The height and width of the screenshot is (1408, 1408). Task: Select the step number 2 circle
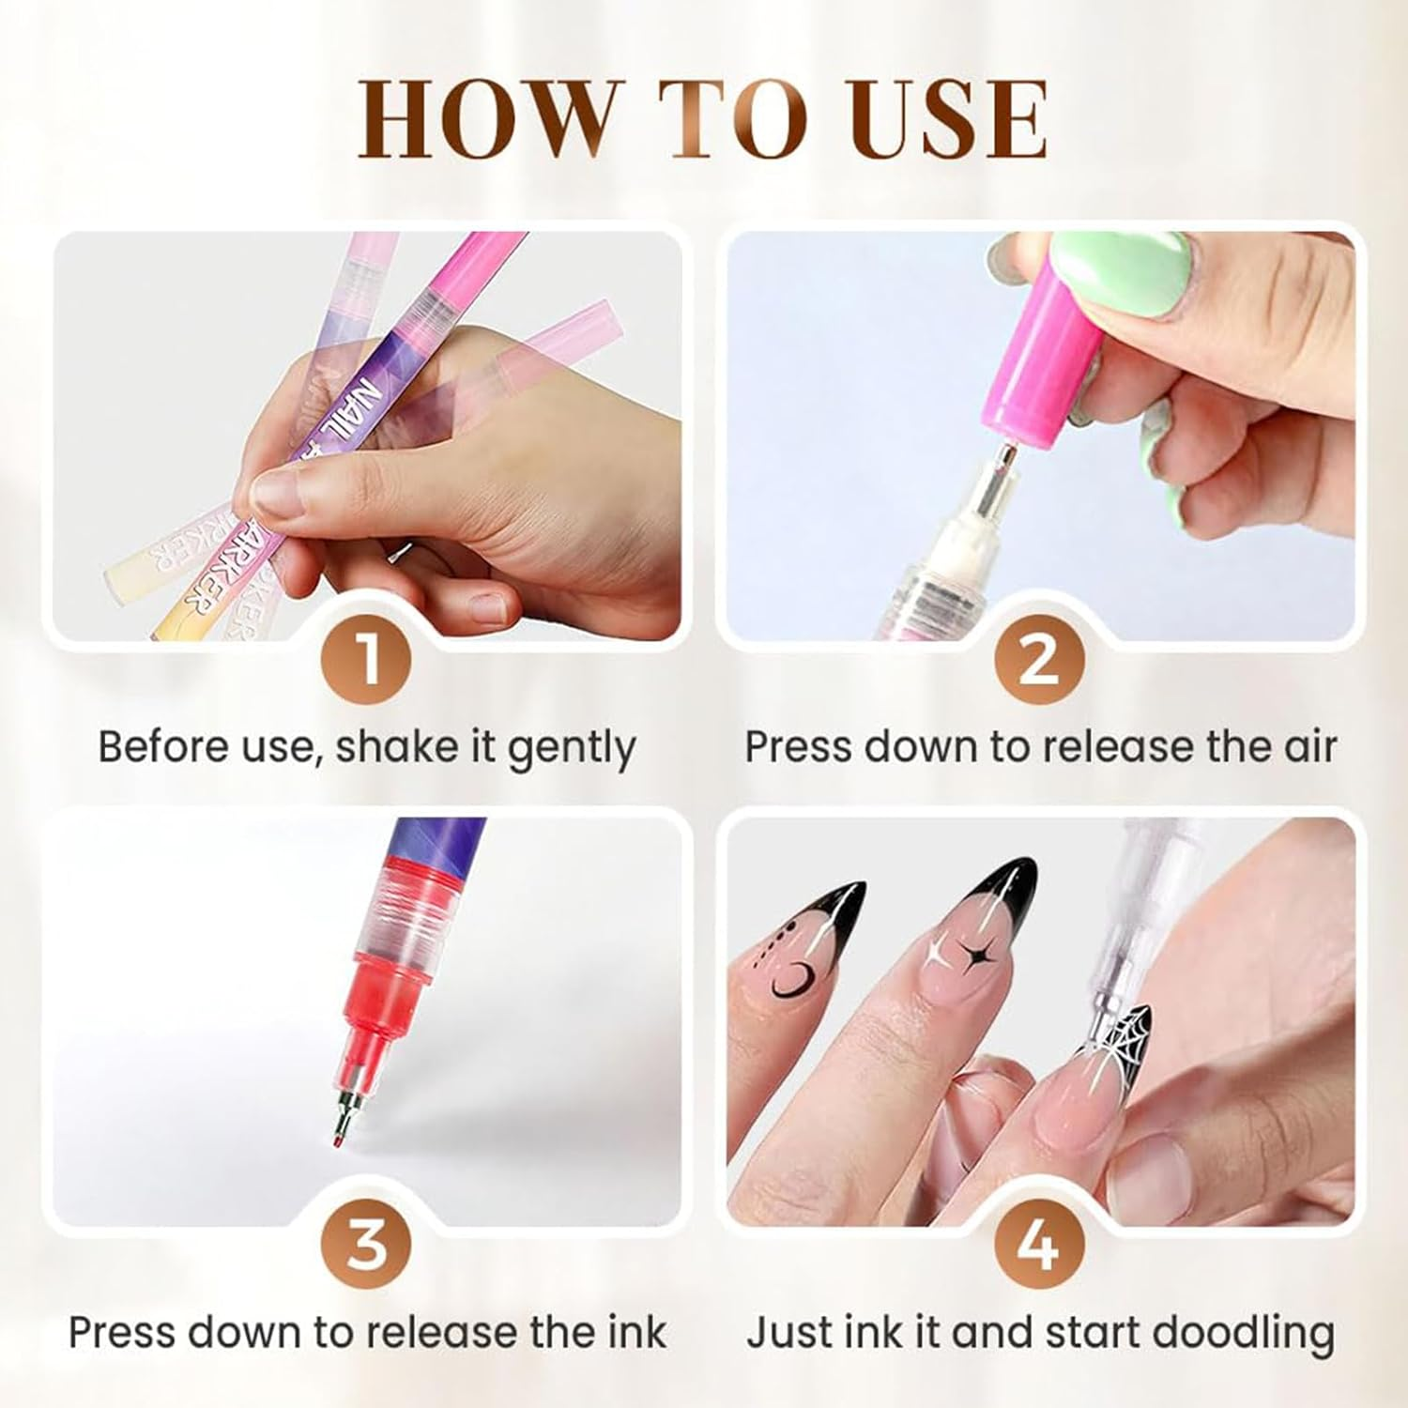[1039, 660]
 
